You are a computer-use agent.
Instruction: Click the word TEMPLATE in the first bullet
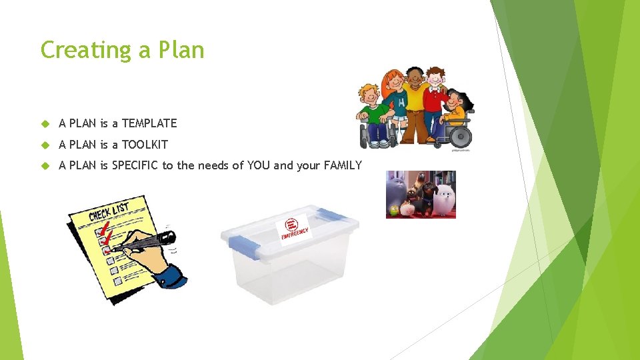[149, 123]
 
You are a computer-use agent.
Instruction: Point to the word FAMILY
[343, 166]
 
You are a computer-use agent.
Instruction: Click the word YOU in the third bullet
[259, 166]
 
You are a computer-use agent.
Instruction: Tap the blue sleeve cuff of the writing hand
[171, 275]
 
